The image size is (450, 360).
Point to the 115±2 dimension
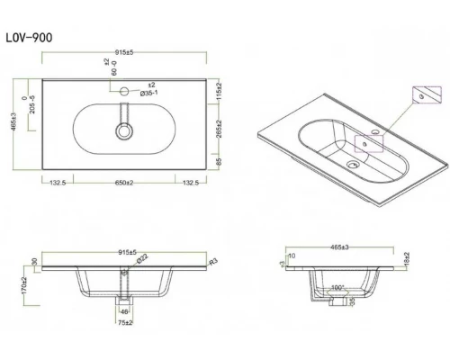[x=218, y=89]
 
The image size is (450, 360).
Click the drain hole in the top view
[x=122, y=130]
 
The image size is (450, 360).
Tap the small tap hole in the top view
[x=122, y=91]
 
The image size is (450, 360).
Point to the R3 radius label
[x=212, y=261]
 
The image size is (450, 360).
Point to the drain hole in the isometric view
[x=353, y=165]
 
